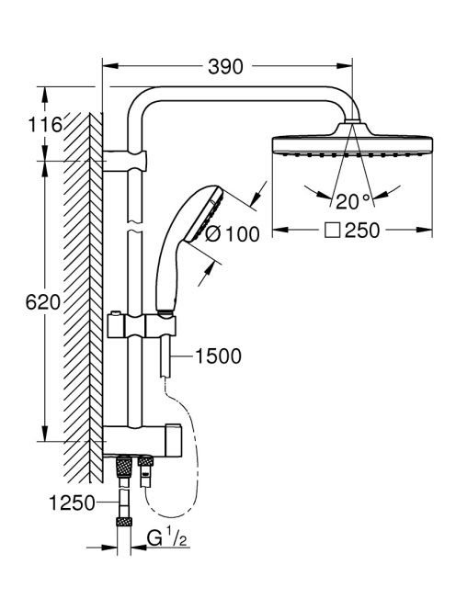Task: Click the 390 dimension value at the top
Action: [x=225, y=66]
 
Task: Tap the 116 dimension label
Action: [x=45, y=125]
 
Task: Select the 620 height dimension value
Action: [x=43, y=302]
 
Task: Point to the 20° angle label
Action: [x=353, y=201]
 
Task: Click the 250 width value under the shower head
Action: [x=362, y=231]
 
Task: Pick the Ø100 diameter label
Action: [x=232, y=234]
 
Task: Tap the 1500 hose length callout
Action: [x=218, y=356]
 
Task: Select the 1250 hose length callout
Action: [x=72, y=503]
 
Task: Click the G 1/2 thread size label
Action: [x=166, y=538]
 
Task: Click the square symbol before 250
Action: [x=333, y=231]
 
